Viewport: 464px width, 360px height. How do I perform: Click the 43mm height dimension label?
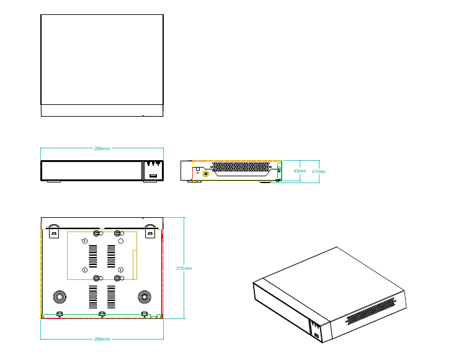tap(300, 171)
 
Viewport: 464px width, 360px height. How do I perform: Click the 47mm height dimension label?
tap(318, 171)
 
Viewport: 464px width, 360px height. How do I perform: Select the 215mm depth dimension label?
tap(184, 268)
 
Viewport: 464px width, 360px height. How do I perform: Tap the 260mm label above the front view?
tap(102, 149)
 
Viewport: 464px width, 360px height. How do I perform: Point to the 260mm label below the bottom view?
tap(102, 340)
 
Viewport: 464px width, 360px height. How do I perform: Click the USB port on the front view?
tap(151, 177)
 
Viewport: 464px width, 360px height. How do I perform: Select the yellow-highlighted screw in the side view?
tap(205, 174)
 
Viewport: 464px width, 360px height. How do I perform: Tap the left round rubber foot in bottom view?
tap(60, 295)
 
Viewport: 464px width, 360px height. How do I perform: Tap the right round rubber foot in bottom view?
tap(144, 295)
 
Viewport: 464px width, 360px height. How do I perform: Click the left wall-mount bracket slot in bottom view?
tap(53, 234)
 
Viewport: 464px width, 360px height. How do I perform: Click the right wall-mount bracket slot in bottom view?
tap(149, 234)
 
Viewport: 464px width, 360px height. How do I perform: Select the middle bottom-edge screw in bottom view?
tap(102, 314)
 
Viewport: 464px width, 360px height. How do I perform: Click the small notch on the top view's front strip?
tap(143, 115)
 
